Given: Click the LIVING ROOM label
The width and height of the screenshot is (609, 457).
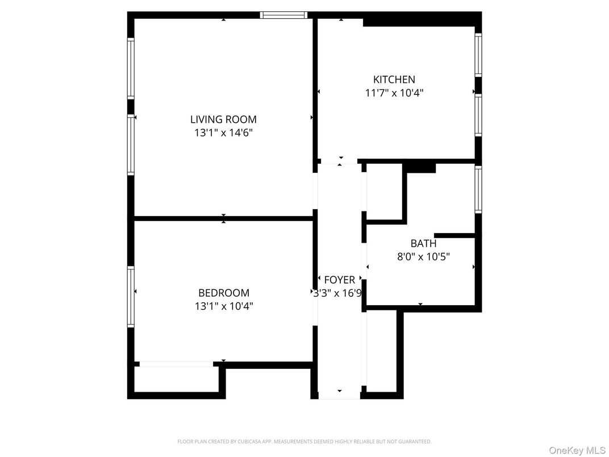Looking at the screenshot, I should pyautogui.click(x=223, y=119).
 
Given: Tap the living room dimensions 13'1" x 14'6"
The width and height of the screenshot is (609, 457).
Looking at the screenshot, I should pyautogui.click(x=223, y=133).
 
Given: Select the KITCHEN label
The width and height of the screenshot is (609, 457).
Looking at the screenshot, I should pyautogui.click(x=394, y=80).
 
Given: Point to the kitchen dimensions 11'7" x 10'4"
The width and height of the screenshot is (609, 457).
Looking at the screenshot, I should pyautogui.click(x=394, y=93).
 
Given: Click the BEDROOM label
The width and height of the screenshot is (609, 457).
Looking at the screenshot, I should pyautogui.click(x=223, y=293).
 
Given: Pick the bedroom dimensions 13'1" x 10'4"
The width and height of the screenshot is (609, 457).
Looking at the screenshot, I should pyautogui.click(x=223, y=306).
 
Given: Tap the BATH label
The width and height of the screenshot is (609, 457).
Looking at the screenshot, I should pyautogui.click(x=423, y=243).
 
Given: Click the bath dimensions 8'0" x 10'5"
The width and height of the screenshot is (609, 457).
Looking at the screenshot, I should pyautogui.click(x=423, y=256).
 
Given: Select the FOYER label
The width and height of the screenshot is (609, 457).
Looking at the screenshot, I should pyautogui.click(x=339, y=280).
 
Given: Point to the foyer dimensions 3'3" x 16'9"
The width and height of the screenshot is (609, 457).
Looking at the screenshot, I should pyautogui.click(x=339, y=293).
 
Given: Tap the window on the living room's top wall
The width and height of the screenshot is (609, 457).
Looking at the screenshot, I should pyautogui.click(x=283, y=15).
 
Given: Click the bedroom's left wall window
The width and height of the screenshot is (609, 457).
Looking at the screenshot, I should pyautogui.click(x=131, y=297).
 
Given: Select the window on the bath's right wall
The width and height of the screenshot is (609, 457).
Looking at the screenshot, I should pyautogui.click(x=478, y=189).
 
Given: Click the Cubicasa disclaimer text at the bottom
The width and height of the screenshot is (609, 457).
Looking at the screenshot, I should pyautogui.click(x=304, y=441).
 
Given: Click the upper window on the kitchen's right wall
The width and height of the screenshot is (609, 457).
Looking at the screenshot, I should pyautogui.click(x=478, y=55).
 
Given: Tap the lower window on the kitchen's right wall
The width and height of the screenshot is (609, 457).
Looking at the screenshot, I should pyautogui.click(x=478, y=115).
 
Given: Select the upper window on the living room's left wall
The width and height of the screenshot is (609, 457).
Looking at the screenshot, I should pyautogui.click(x=131, y=68).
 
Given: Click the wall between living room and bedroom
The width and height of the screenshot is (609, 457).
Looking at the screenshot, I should pyautogui.click(x=223, y=218).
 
